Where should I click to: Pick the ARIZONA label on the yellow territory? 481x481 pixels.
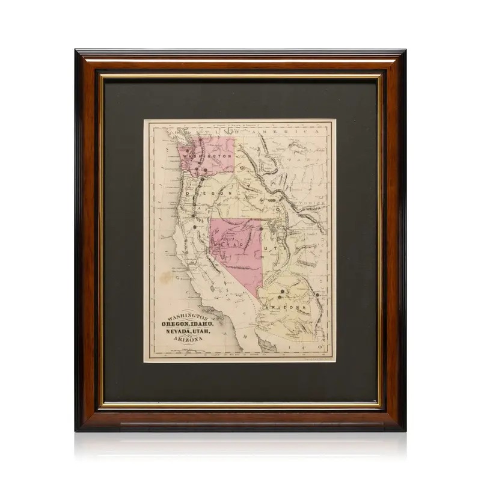pos(286,308)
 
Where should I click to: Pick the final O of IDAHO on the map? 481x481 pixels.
pos(278,206)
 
